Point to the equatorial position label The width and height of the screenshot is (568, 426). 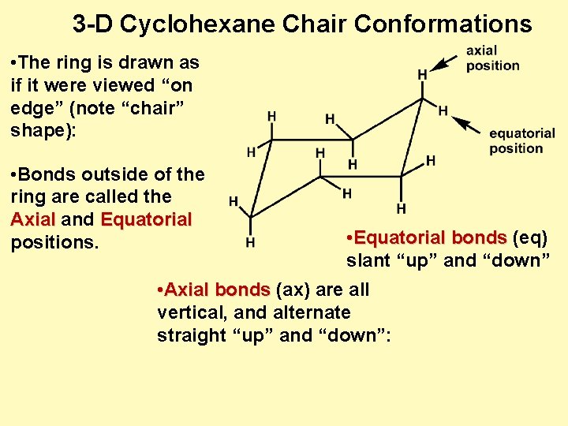coord(521,140)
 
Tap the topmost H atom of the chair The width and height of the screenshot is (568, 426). coord(423,74)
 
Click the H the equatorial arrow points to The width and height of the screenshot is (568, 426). coord(443,110)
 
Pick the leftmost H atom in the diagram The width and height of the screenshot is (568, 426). coord(234,201)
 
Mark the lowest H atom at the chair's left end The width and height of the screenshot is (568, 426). coord(250,242)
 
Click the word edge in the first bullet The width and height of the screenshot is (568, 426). coord(35,107)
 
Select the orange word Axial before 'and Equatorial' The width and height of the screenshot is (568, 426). coord(33,219)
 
